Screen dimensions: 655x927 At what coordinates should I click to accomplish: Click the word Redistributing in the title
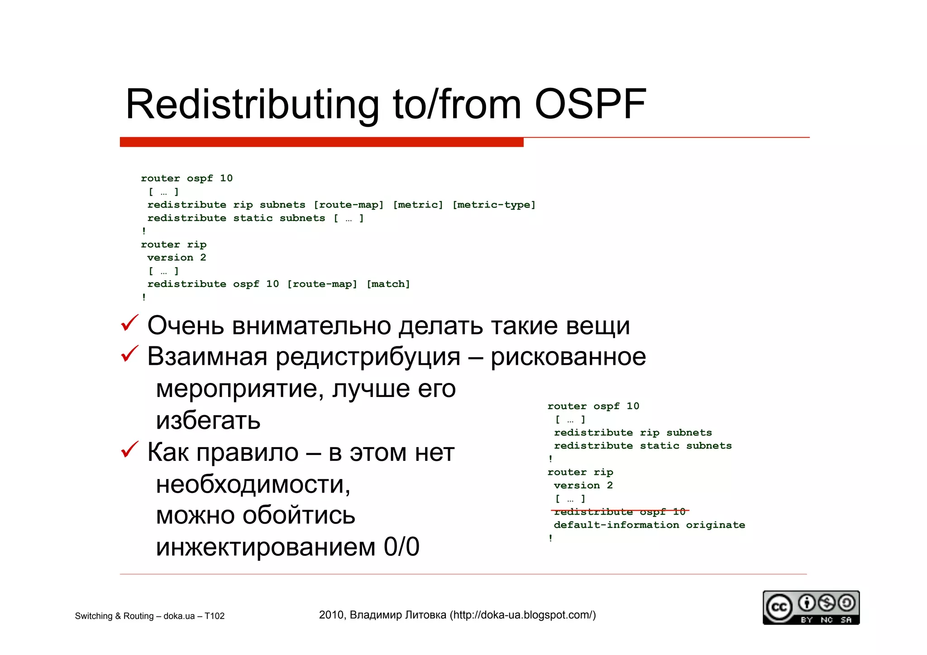point(252,105)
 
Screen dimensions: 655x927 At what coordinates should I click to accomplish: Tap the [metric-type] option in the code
point(493,205)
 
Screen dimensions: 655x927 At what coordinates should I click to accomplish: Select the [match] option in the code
point(388,284)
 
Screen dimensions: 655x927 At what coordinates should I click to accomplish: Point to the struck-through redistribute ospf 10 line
point(619,512)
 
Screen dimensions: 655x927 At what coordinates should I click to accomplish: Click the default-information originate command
point(649,525)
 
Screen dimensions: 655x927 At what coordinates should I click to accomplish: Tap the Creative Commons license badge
point(811,608)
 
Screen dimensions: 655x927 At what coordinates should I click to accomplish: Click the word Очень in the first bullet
point(186,325)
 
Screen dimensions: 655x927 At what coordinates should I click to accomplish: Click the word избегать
point(208,420)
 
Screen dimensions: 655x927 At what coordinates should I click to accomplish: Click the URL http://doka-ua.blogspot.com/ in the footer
point(523,615)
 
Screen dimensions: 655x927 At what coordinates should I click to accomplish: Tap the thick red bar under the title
point(321,142)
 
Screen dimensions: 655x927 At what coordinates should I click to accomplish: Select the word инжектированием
point(266,547)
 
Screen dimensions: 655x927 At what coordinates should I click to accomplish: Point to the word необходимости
point(253,484)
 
